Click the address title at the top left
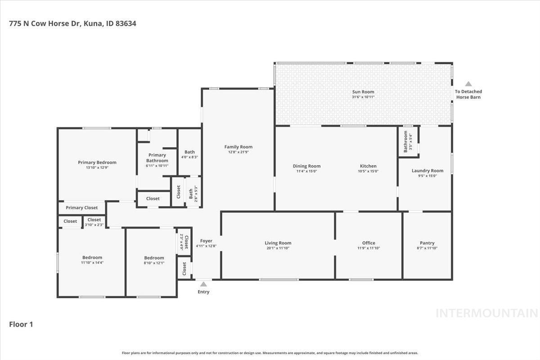(x=72, y=23)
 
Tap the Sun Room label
(x=363, y=92)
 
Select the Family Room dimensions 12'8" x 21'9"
(x=238, y=152)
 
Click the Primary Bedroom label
(x=97, y=162)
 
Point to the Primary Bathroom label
(x=157, y=157)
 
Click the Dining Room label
(x=306, y=166)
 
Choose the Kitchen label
(x=368, y=166)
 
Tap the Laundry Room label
(x=427, y=171)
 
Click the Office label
(x=368, y=243)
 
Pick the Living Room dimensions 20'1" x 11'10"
(x=278, y=248)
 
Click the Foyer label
(x=206, y=241)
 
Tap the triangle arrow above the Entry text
(x=203, y=284)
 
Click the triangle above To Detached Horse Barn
(x=468, y=84)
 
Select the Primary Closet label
(x=81, y=207)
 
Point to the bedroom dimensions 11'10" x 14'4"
(x=92, y=263)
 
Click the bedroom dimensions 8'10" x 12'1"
(x=154, y=263)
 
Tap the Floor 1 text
(x=21, y=324)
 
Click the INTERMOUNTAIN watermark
(x=486, y=313)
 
